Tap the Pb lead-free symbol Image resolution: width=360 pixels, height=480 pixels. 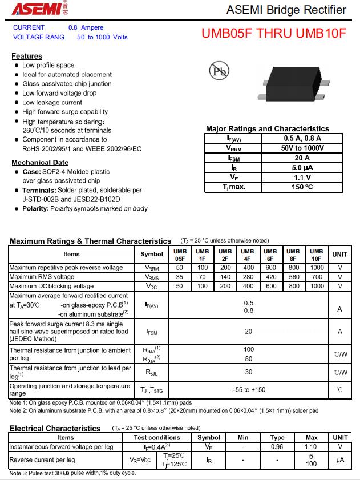pos(220,71)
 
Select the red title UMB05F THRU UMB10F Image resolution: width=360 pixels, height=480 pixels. pos(273,33)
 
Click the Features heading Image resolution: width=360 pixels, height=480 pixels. pos(27,56)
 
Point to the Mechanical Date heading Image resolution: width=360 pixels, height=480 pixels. pos(40,163)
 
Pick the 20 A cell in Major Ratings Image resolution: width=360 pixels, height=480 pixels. pos(302,158)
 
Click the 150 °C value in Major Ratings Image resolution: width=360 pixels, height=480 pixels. pos(302,187)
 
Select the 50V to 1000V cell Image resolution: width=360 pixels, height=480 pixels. pos(302,148)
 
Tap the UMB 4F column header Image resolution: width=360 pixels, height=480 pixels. pos(248,255)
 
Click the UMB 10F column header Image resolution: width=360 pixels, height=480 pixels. pos(317,255)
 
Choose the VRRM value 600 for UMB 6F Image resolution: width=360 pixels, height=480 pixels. pos(270,267)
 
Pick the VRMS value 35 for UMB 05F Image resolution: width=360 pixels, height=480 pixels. pos(180,277)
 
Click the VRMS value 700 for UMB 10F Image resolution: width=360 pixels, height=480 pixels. pos(317,277)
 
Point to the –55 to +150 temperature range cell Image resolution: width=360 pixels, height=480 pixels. pos(249,390)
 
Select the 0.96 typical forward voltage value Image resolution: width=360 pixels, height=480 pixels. pos(277,447)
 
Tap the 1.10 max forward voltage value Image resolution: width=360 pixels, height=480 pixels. pos(312,447)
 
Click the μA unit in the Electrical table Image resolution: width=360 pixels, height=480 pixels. pos(340,460)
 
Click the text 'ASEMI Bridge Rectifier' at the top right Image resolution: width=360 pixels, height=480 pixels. pos(286,10)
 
